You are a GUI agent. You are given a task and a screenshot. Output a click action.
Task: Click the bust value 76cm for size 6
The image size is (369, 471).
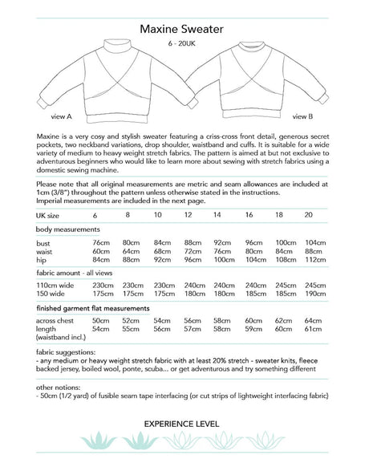pyautogui.click(x=100, y=242)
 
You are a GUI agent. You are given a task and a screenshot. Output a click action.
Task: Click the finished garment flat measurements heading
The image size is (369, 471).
pyautogui.click(x=102, y=307)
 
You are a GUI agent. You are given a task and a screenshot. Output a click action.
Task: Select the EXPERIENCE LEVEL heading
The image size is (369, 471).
pyautogui.click(x=184, y=423)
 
